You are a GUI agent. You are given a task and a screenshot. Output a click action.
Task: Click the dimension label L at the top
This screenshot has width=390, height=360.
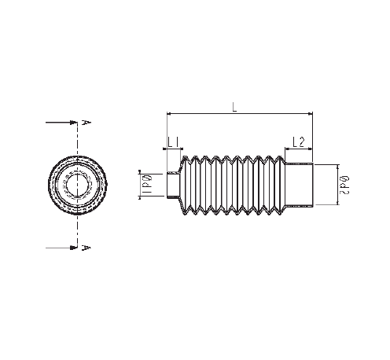point(234,107)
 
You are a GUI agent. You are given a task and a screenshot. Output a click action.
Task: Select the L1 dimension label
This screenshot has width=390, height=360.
point(173,143)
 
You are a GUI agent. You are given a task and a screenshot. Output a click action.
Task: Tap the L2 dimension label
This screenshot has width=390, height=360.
point(299,142)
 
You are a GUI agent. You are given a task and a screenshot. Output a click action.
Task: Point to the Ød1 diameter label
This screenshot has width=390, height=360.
point(149,185)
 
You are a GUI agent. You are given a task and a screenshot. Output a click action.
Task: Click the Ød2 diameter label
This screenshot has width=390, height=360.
point(344,186)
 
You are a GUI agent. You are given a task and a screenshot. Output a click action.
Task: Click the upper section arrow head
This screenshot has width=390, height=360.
point(73,123)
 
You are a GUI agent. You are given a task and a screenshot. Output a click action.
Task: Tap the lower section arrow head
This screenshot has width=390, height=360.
point(73,248)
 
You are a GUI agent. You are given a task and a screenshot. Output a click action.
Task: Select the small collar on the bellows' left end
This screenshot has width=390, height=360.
point(173,185)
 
